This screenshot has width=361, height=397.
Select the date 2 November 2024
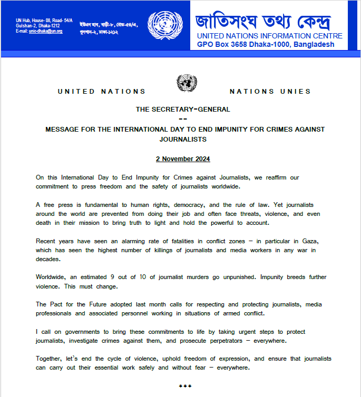[183, 158]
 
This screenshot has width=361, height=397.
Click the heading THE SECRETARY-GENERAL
[183, 110]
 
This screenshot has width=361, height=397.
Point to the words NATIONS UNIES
[270, 92]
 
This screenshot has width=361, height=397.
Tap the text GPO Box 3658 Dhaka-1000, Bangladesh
[266, 44]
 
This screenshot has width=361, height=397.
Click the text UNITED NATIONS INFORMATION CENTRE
[269, 36]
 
